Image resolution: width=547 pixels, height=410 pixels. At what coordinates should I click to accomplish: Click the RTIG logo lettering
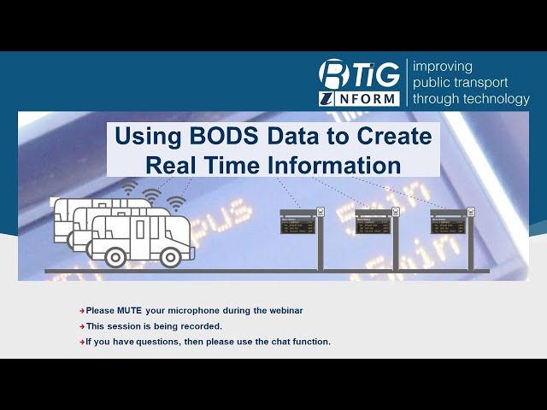359,74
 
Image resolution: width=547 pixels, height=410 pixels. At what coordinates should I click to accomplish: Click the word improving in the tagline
442,66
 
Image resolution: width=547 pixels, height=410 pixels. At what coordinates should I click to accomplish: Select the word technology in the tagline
496,98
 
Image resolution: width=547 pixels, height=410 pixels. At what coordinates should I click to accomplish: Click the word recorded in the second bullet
203,326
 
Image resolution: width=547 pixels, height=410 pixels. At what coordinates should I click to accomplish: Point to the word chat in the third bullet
280,342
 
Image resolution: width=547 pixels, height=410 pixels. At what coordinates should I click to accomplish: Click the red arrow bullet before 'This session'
82,326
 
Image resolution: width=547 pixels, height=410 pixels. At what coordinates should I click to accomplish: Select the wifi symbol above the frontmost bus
176,203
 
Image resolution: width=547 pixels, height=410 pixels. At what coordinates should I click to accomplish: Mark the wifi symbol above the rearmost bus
129,187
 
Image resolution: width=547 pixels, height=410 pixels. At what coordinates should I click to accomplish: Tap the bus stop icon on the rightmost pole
470,212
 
